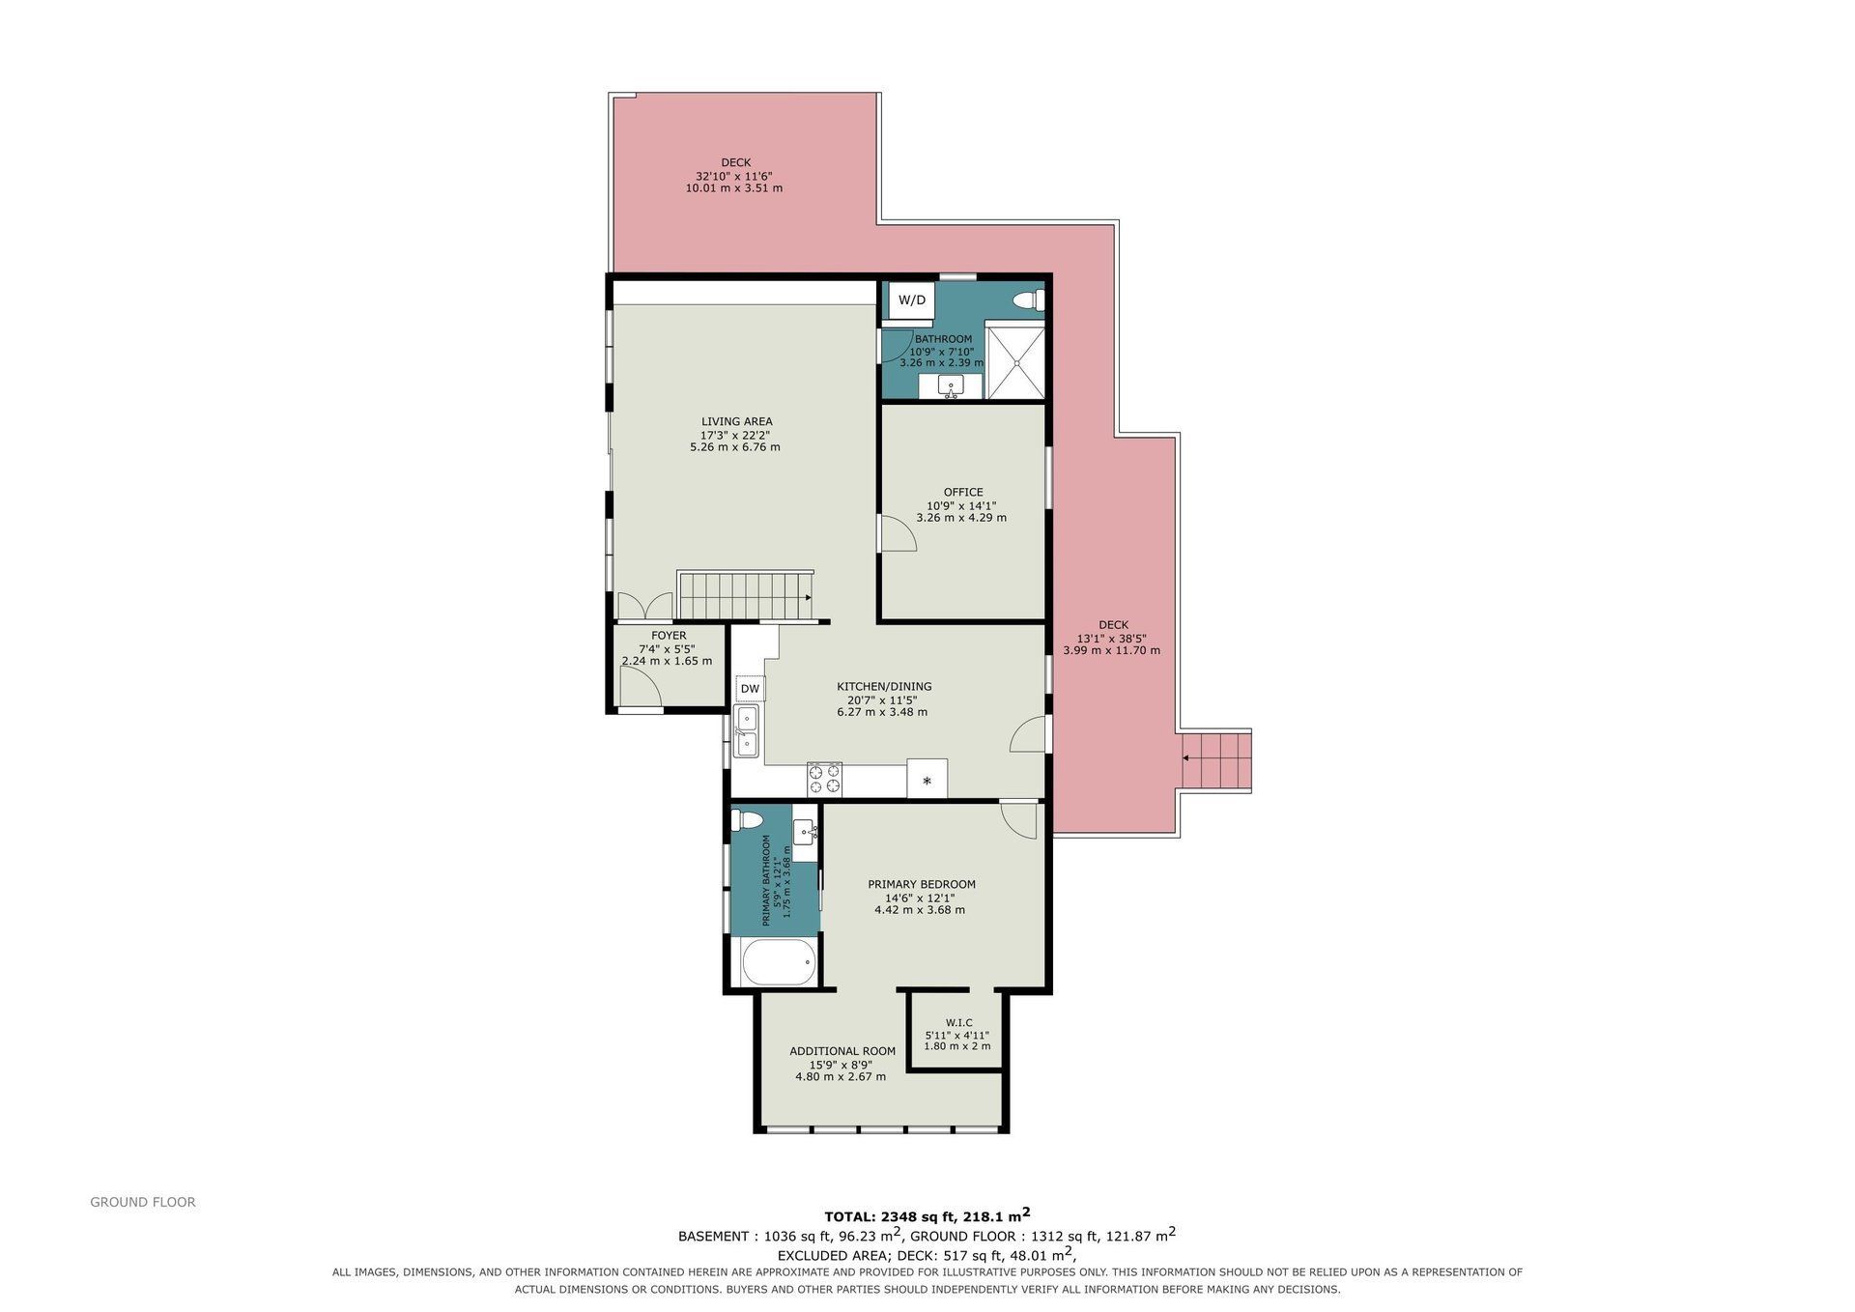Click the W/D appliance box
click(x=912, y=300)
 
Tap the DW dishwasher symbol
click(x=750, y=689)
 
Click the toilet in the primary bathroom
click(x=748, y=821)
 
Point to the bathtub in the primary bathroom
click(x=779, y=961)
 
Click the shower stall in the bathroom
click(x=1015, y=362)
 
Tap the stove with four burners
click(x=824, y=779)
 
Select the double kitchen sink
click(x=746, y=731)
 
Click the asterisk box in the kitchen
click(x=927, y=779)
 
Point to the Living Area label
click(x=736, y=421)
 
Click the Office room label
click(x=963, y=492)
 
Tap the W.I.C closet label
click(x=958, y=1022)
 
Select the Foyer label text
click(x=669, y=636)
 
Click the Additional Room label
click(x=842, y=1051)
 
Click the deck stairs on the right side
click(x=1216, y=761)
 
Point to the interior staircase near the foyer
click(x=746, y=595)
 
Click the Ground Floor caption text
click(x=143, y=1202)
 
